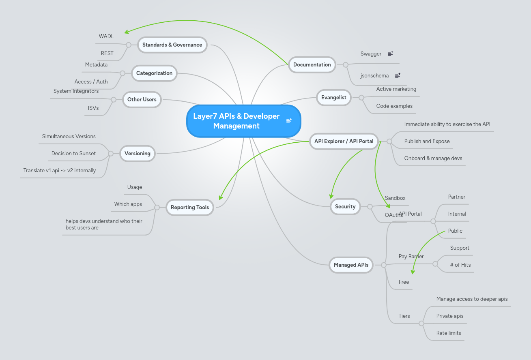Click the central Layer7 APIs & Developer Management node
click(x=236, y=121)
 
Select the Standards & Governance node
click(x=172, y=45)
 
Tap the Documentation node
click(x=312, y=64)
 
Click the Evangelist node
click(x=333, y=97)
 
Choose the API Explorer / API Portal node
click(x=344, y=141)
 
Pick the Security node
click(x=345, y=206)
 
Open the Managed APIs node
click(x=351, y=265)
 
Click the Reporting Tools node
click(x=189, y=207)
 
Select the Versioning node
click(x=138, y=153)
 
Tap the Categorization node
click(x=154, y=73)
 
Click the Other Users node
click(x=142, y=99)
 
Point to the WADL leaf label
click(x=106, y=36)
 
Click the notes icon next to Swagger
click(x=390, y=54)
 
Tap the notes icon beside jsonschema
click(x=398, y=75)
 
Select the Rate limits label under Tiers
click(x=449, y=333)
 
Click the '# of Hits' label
click(x=460, y=265)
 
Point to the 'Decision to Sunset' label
click(x=73, y=153)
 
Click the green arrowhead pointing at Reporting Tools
click(x=220, y=198)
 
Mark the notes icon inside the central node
click(x=289, y=121)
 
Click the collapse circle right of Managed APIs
click(x=383, y=265)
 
